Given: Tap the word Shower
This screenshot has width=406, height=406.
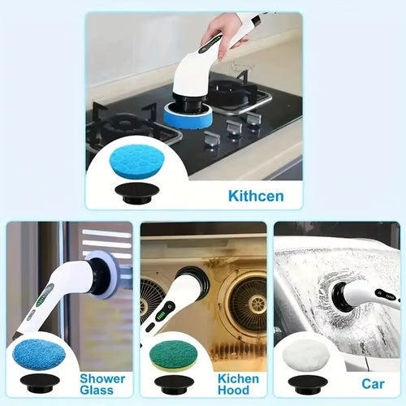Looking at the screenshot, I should tap(103, 379).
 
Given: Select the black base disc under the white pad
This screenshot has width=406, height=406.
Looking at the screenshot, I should tap(300, 382).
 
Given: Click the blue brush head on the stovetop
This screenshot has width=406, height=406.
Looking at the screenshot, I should tap(188, 115).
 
